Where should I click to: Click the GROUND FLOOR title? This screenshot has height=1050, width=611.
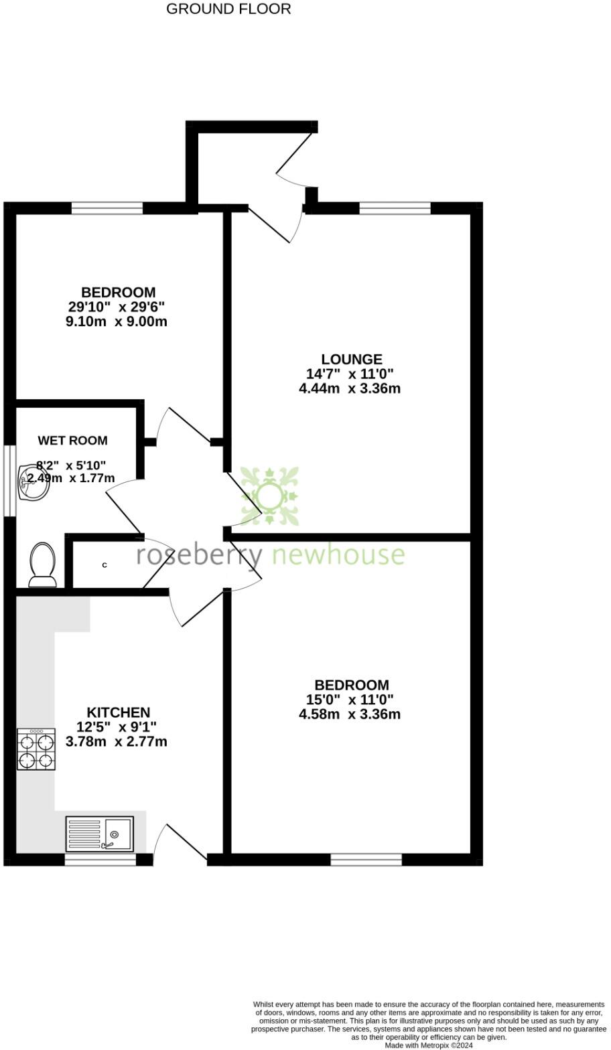228,9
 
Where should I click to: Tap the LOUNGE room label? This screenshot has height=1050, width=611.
351,360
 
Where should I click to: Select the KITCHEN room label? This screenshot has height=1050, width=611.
118,712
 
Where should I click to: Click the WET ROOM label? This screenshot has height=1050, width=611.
72,441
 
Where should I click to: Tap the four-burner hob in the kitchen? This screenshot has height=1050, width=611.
36,749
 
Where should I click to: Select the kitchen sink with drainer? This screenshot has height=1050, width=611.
99,834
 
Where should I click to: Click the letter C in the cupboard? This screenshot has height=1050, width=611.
105,565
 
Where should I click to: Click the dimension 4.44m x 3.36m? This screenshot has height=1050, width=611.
350,388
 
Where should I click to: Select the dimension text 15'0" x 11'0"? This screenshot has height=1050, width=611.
350,700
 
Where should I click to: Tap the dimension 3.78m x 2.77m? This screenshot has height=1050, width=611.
117,742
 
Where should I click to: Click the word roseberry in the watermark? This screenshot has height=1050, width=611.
200,556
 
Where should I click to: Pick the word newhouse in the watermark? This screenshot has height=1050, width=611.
338,556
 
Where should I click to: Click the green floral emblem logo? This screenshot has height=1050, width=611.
269,496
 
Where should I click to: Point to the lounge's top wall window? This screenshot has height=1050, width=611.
395,208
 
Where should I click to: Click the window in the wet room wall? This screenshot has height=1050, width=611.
9,480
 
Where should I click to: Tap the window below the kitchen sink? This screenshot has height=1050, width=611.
100,860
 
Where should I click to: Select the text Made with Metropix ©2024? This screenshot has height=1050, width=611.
429,1045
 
